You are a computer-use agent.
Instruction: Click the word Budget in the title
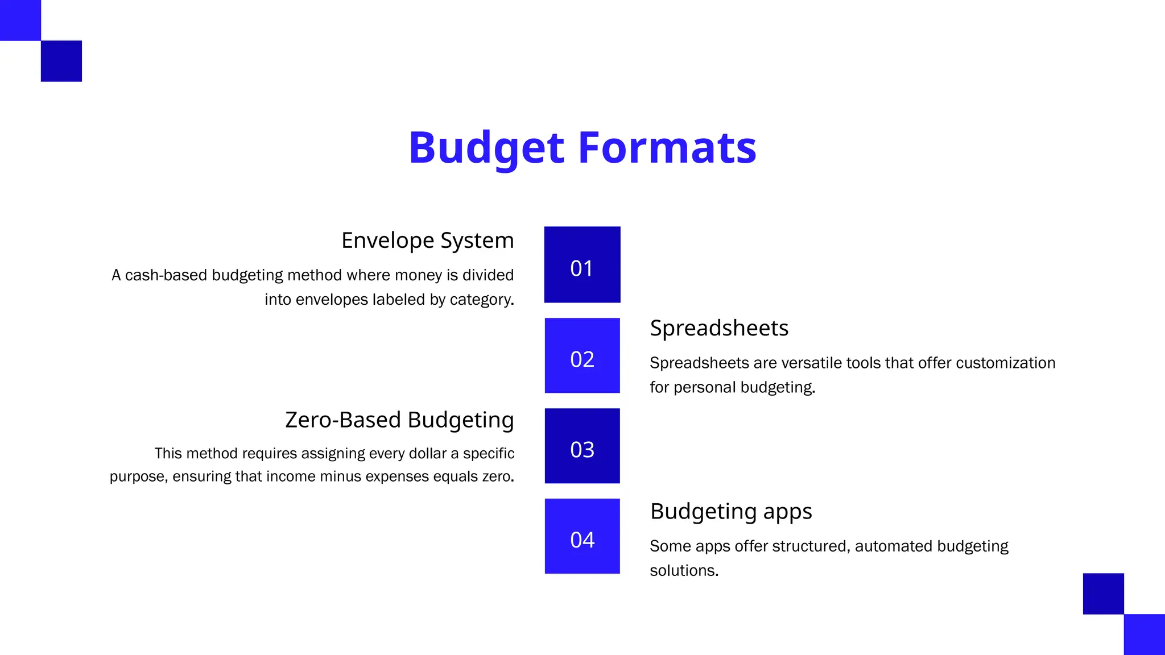(486, 148)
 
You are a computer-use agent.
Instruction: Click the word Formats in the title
(667, 148)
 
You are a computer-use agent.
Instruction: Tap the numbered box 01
(582, 265)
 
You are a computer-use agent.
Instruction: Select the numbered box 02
(582, 356)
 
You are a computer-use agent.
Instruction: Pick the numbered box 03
(582, 446)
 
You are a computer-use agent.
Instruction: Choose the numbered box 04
(582, 537)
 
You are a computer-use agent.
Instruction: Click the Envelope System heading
(427, 241)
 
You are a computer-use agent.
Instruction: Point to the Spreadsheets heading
(719, 328)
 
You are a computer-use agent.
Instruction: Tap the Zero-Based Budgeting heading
(399, 420)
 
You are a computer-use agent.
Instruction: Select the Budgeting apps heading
(731, 511)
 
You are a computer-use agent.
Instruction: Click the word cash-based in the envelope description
(166, 275)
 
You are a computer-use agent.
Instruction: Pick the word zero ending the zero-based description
(498, 476)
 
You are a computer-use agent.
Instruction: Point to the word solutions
(684, 571)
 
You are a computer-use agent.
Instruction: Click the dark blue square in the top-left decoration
(61, 61)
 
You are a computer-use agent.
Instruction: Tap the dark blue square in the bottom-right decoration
(1103, 594)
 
